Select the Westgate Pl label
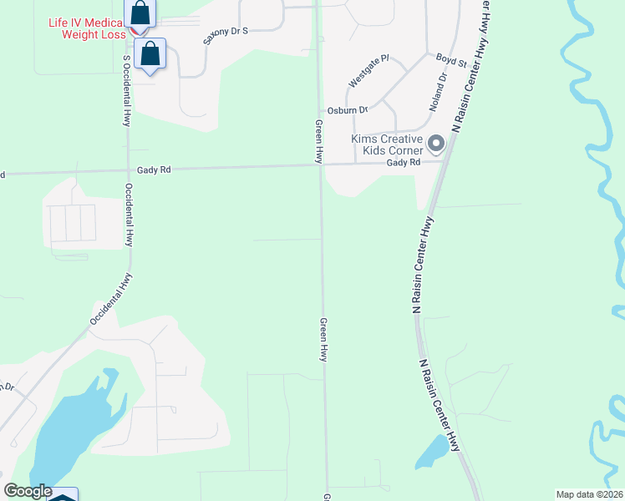click(368, 71)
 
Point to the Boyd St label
click(451, 59)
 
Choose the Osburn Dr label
click(348, 110)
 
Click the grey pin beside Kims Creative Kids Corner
click(435, 144)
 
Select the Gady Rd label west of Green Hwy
click(155, 170)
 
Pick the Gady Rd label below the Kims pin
click(402, 163)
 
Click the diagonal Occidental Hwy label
click(112, 299)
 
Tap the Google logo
click(28, 491)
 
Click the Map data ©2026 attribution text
click(590, 494)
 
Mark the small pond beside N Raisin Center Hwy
click(432, 452)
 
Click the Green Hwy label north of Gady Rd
click(318, 140)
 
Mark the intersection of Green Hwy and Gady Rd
click(319, 165)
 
